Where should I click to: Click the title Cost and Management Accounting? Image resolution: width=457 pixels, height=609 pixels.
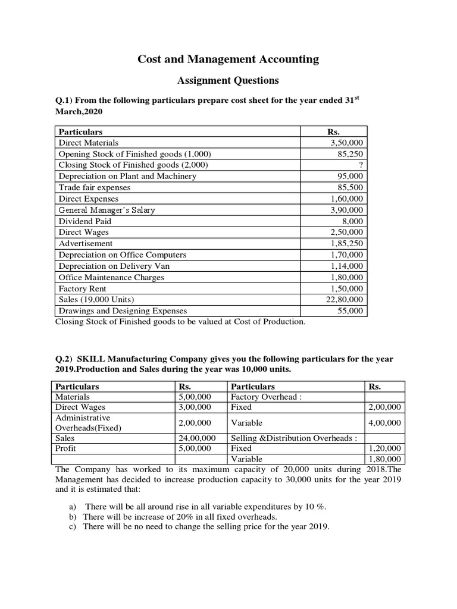pos(228,59)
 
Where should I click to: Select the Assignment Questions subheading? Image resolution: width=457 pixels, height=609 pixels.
pos(228,80)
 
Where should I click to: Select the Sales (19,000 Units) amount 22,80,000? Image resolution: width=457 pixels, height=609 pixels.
pos(345,300)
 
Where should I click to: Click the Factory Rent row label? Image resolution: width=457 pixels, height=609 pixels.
pos(82,288)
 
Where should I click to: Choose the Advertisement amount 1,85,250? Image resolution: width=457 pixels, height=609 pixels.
pos(347,244)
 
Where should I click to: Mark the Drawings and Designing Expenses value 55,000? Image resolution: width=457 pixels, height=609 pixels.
pos(350,310)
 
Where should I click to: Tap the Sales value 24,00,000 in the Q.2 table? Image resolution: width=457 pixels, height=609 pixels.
pos(195,438)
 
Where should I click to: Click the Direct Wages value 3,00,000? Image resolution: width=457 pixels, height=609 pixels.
pos(195,407)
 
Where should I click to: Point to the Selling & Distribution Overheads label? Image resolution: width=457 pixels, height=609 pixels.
pos(293,438)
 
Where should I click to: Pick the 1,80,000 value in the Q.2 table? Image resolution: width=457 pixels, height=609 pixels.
pos(385,459)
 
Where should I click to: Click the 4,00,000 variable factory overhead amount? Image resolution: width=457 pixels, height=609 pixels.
pos(385,422)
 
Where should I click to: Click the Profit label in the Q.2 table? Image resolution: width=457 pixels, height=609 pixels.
pos(66,448)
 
